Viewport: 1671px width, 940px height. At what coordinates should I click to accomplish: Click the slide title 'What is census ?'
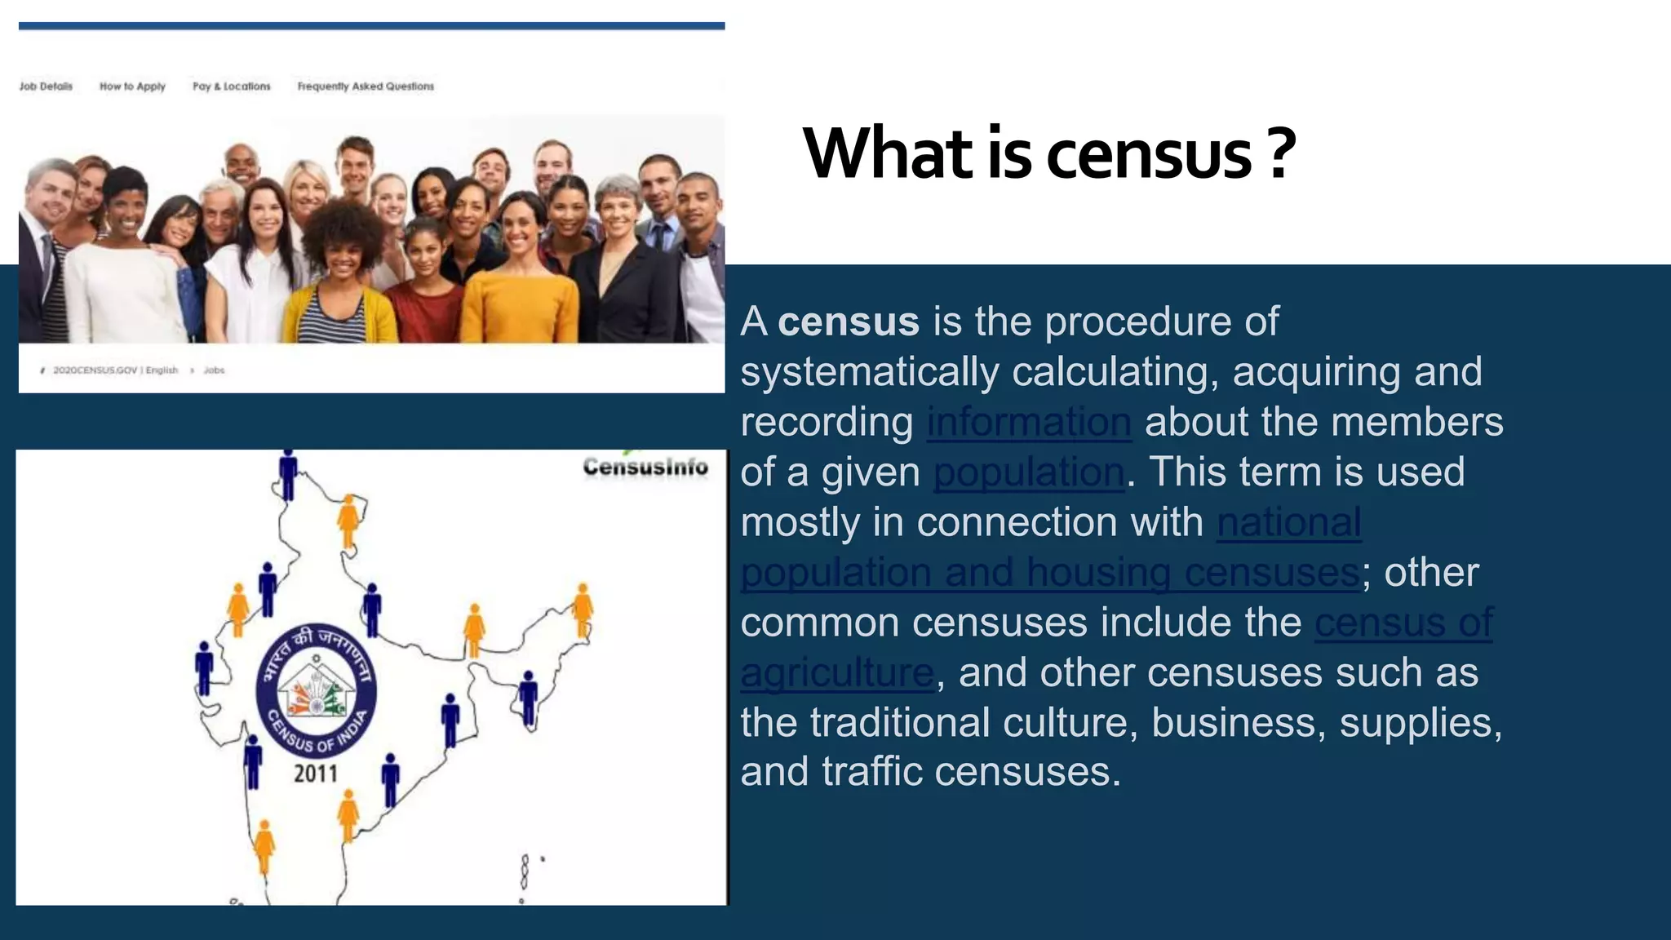[x=1049, y=153]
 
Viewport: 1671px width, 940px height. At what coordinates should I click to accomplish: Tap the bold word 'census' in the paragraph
[x=849, y=321]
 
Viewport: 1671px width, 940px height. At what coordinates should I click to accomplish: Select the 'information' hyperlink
[x=1029, y=422]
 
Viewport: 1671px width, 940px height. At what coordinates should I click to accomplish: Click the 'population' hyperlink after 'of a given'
[x=1029, y=472]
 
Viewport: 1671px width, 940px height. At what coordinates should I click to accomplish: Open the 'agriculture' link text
[x=837, y=673]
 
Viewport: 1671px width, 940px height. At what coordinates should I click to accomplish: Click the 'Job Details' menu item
[x=46, y=86]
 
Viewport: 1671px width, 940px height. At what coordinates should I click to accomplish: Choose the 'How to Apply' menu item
[x=132, y=86]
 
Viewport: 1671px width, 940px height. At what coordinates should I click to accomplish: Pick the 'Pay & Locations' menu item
[x=231, y=86]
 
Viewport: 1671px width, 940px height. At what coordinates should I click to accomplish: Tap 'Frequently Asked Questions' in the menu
[x=366, y=86]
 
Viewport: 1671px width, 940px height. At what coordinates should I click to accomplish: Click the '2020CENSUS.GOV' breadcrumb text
[x=95, y=370]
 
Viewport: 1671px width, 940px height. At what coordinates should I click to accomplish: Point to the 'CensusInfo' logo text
[x=645, y=467]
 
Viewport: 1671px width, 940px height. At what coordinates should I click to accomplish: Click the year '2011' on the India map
[x=316, y=773]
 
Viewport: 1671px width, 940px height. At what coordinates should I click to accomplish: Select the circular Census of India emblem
[x=316, y=685]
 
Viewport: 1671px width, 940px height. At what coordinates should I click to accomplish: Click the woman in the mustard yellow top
[x=521, y=277]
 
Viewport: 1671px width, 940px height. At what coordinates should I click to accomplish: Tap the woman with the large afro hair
[x=343, y=261]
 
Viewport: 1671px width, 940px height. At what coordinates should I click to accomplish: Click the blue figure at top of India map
[x=288, y=473]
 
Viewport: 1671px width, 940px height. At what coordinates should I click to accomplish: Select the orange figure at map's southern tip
[x=264, y=845]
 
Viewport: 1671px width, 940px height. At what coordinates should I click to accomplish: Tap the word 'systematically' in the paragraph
[x=869, y=372]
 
